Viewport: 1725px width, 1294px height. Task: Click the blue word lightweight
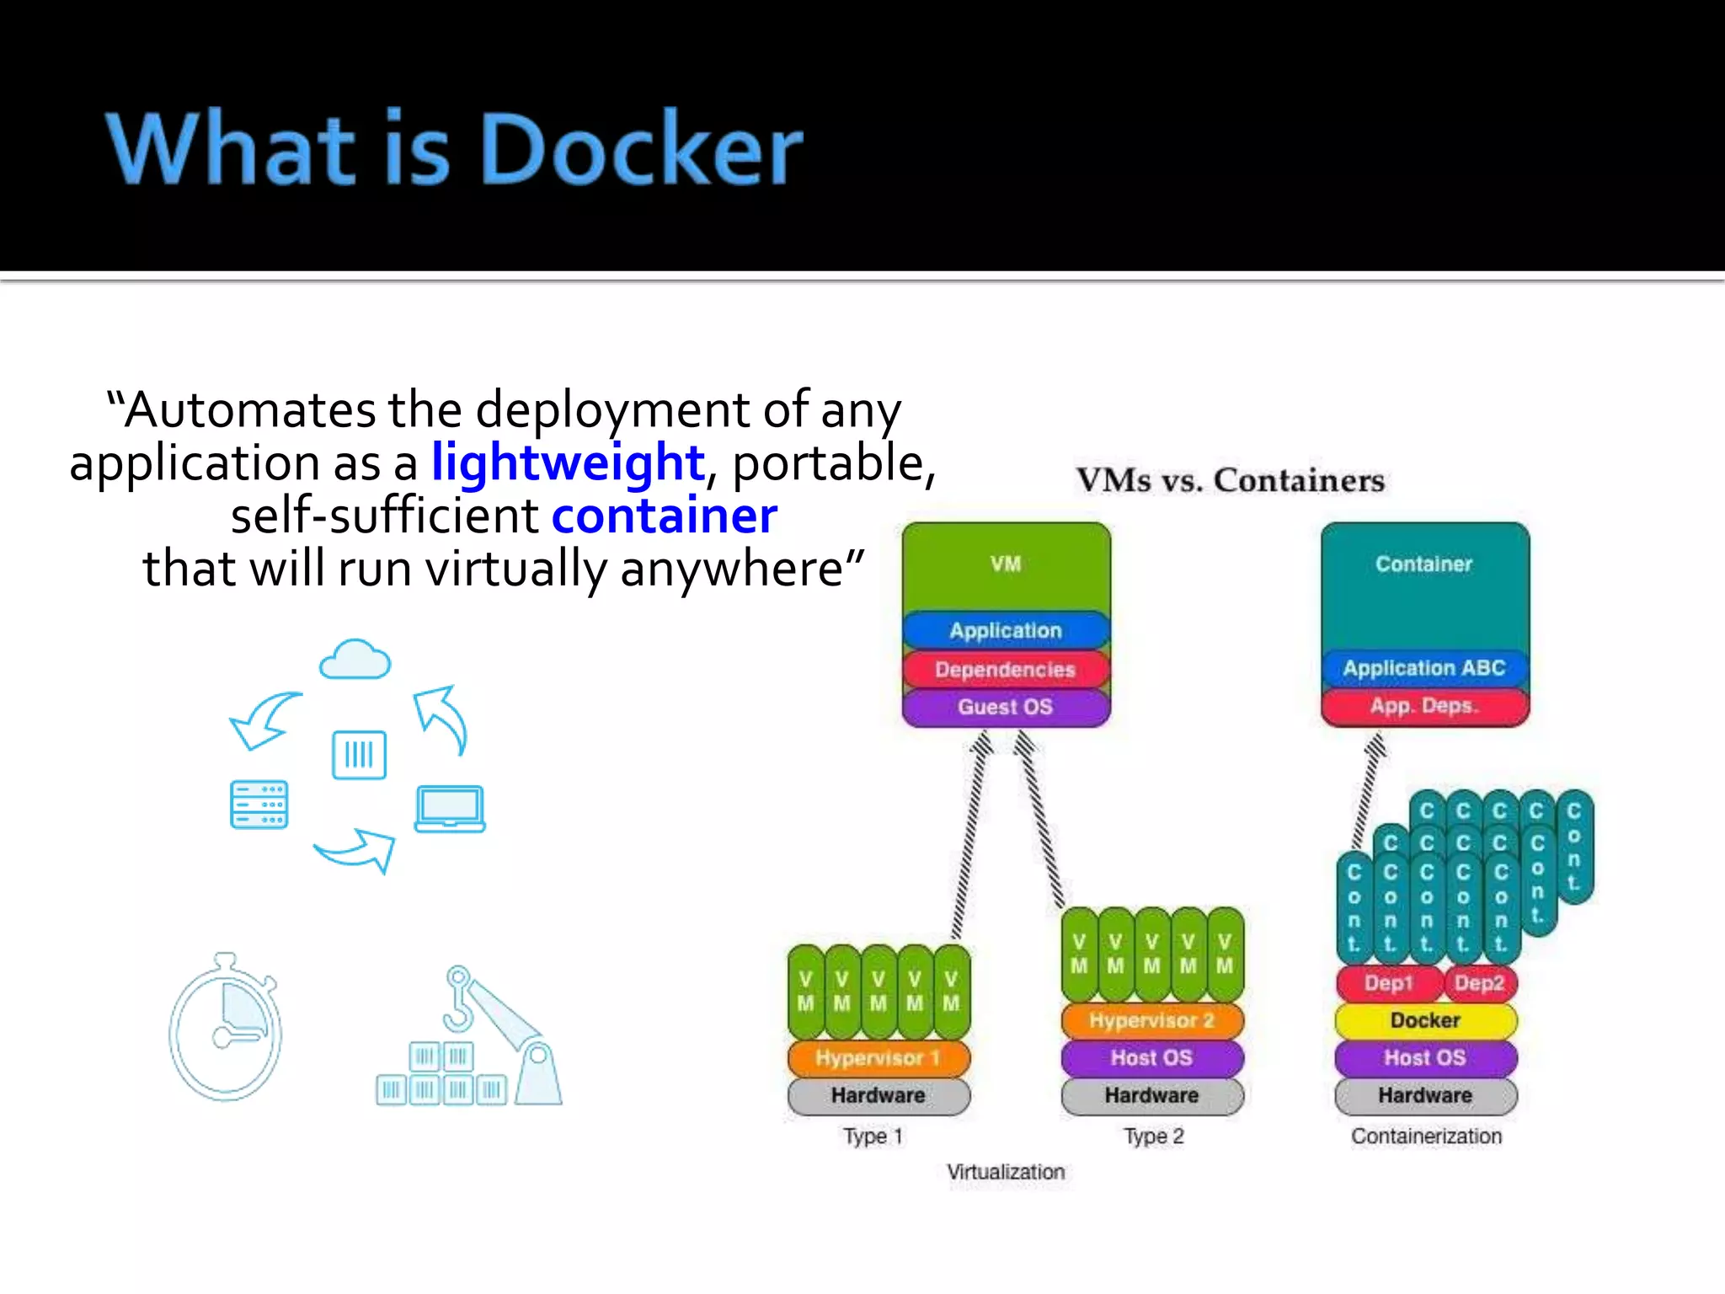[x=568, y=463]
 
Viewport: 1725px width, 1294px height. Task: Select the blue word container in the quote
[x=664, y=516]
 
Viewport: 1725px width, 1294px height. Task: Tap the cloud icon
[x=355, y=660]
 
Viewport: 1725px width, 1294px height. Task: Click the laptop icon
[x=450, y=809]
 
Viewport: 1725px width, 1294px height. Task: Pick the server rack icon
[x=259, y=805]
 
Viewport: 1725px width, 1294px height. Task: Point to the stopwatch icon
[x=226, y=1029]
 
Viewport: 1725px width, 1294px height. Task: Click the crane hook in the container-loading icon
[x=459, y=999]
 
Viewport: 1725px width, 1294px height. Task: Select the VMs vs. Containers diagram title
[x=1230, y=480]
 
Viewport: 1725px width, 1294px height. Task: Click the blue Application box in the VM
[x=1006, y=630]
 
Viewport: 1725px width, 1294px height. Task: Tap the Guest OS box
[x=1006, y=707]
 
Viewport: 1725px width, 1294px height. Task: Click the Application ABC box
[x=1423, y=668]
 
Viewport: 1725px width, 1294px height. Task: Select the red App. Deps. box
[x=1423, y=706]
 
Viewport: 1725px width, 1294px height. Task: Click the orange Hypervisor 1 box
[x=878, y=1058]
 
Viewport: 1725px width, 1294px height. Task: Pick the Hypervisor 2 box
[x=1151, y=1020]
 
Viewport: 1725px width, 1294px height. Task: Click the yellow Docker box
[x=1425, y=1020]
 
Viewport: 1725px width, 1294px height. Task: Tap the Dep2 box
[x=1479, y=983]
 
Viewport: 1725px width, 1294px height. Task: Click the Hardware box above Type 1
[x=878, y=1095]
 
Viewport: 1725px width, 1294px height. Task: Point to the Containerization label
[x=1426, y=1136]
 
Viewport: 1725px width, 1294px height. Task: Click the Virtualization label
[x=1006, y=1172]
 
